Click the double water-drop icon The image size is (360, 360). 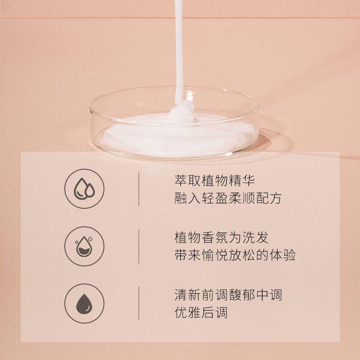pyautogui.click(x=84, y=189)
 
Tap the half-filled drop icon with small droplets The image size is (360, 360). pyautogui.click(x=84, y=246)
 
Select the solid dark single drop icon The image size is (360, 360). pyautogui.click(x=84, y=303)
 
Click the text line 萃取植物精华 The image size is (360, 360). pyautogui.click(x=215, y=180)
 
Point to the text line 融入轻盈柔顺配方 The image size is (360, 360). pyautogui.click(x=228, y=198)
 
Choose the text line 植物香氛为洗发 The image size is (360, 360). pyautogui.click(x=221, y=238)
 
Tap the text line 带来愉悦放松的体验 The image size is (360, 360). pyautogui.click(x=235, y=255)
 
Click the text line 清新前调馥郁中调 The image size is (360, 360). pyautogui.click(x=228, y=295)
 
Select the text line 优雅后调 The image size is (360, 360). pyautogui.click(x=201, y=312)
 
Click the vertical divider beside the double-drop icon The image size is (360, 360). pyautogui.click(x=139, y=189)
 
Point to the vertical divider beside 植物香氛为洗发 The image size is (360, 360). pyautogui.click(x=139, y=246)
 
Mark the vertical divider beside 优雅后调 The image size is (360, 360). pyautogui.click(x=139, y=303)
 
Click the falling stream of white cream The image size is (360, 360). pyautogui.click(x=179, y=50)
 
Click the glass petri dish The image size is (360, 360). pyautogui.click(x=175, y=124)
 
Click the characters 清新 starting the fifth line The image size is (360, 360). pyautogui.click(x=188, y=295)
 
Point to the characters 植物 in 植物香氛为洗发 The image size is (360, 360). pyautogui.click(x=188, y=238)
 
